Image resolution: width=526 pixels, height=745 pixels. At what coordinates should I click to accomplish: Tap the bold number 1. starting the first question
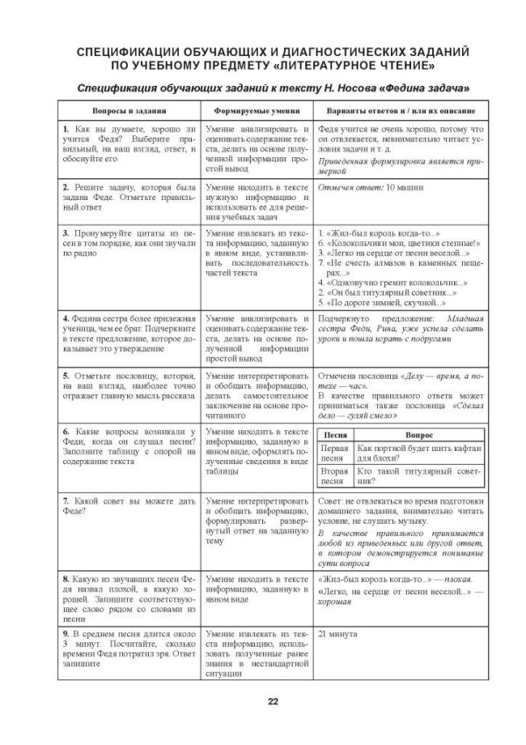click(67, 130)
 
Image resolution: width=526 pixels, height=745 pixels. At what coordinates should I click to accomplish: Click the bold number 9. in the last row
click(67, 632)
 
